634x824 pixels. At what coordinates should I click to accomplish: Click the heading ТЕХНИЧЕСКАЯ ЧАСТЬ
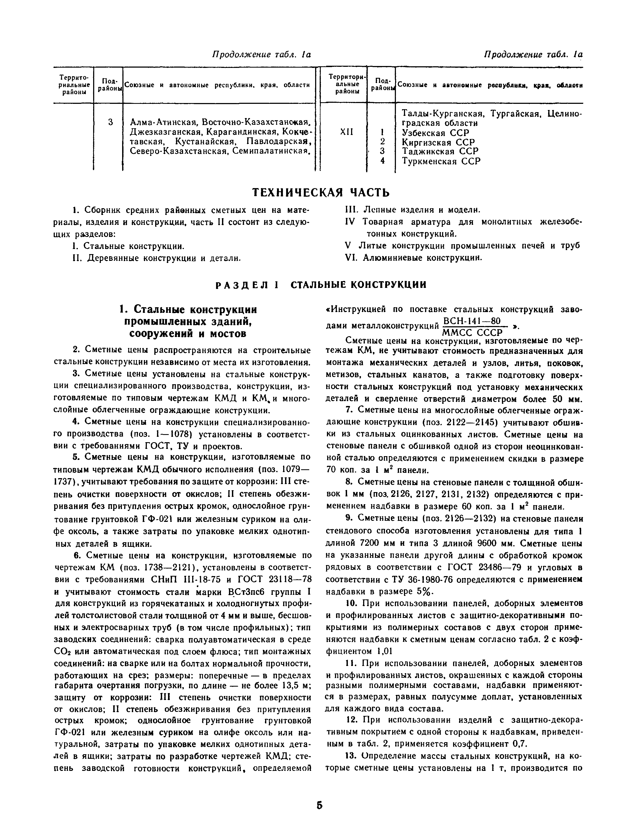pos(320,193)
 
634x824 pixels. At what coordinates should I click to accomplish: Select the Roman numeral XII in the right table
pos(347,132)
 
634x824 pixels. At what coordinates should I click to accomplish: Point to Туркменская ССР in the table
pos(441,162)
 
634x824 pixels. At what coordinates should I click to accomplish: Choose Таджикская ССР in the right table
pos(440,152)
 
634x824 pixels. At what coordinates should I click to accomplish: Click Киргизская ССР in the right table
pos(438,143)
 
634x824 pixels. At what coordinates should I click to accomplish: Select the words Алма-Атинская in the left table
pos(164,123)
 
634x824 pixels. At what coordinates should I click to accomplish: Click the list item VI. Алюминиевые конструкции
pos(414,258)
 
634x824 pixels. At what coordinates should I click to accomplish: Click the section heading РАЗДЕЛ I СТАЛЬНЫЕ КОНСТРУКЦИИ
pos(320,285)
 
